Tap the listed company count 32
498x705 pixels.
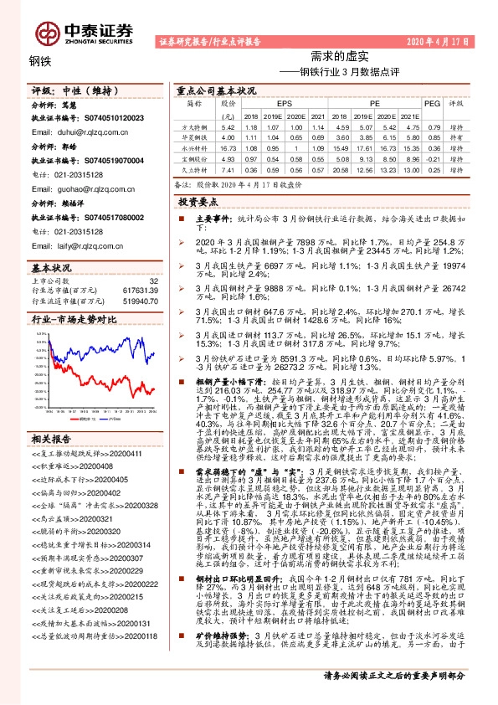coord(153,280)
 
